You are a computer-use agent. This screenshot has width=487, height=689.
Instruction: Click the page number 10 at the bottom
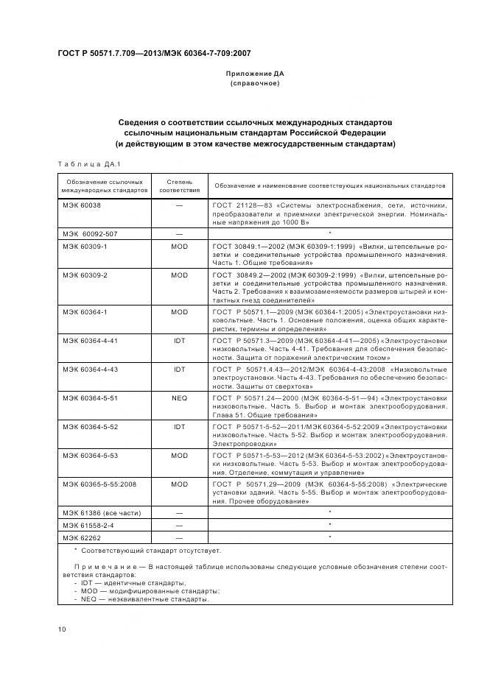pyautogui.click(x=62, y=628)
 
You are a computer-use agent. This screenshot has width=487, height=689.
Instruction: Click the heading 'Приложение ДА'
pyautogui.click(x=254, y=74)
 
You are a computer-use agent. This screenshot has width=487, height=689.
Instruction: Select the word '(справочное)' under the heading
pyautogui.click(x=254, y=84)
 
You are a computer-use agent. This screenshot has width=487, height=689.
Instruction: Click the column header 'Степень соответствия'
pyautogui.click(x=179, y=185)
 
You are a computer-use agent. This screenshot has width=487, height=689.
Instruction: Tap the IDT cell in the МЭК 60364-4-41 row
pyautogui.click(x=179, y=341)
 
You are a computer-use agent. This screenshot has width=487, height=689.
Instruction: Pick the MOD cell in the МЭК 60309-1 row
pyautogui.click(x=179, y=247)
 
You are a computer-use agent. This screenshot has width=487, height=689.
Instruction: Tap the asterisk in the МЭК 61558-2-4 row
pyautogui.click(x=329, y=525)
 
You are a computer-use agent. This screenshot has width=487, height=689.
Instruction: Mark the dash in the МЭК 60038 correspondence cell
pyautogui.click(x=179, y=205)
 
